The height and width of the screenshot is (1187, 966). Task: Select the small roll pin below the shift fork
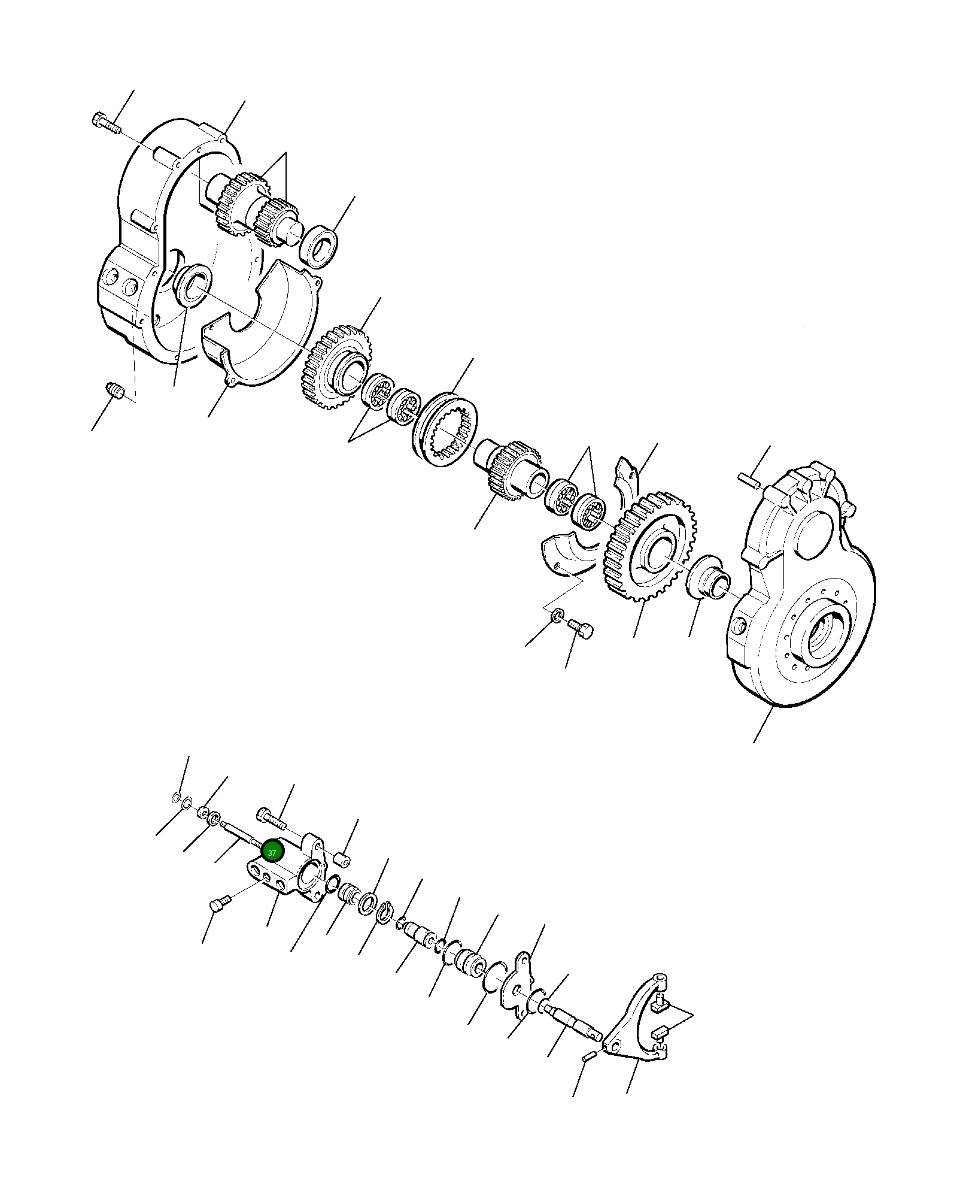pyautogui.click(x=588, y=1058)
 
